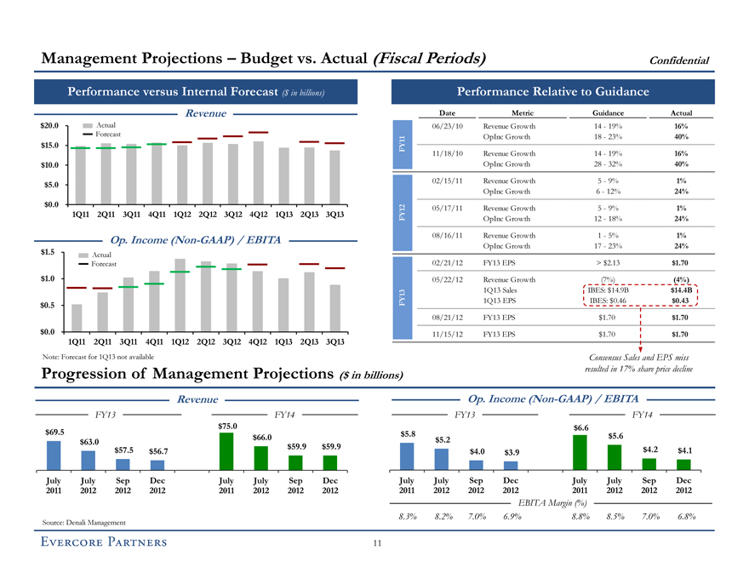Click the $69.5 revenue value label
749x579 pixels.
54,433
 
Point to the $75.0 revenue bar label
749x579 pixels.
226,426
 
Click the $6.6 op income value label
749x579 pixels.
580,427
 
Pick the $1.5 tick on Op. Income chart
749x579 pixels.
47,252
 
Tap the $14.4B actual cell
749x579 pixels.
681,289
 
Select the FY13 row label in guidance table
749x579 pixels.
400,301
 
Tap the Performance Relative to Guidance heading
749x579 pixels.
553,91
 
